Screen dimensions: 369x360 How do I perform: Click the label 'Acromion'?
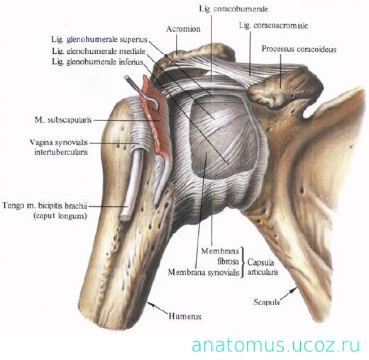183,29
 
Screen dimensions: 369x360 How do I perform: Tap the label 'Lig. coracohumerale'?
233,9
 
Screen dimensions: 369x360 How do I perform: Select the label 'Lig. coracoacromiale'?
273,26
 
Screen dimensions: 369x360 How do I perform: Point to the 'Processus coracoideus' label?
299,49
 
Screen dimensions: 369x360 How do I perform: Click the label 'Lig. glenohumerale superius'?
99,40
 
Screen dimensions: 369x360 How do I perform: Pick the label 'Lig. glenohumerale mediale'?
99,51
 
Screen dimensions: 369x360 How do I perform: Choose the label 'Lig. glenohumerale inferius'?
98,62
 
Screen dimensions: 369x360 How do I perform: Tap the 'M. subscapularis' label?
63,120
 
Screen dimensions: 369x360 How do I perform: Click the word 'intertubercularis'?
61,152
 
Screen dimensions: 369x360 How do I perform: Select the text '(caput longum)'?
60,216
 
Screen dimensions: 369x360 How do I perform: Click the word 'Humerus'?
184,316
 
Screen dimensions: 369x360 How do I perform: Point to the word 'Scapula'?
267,302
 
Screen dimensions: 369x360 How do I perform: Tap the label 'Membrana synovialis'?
204,272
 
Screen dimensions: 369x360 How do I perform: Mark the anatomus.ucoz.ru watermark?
275,346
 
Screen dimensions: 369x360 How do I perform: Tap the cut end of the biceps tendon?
124,218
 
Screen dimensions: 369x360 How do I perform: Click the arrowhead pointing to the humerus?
150,304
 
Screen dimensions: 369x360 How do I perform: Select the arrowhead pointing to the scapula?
294,289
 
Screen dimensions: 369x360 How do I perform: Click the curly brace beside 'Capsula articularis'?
243,262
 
